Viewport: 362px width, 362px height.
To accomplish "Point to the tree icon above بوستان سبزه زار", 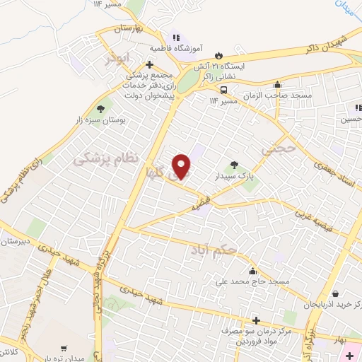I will [100, 110].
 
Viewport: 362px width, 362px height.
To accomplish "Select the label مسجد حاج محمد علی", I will [253, 281].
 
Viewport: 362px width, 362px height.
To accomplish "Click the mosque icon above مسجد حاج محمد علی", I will [252, 271].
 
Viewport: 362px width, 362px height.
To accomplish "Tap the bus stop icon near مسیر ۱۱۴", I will [223, 90].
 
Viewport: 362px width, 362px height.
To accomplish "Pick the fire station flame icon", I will [218, 54].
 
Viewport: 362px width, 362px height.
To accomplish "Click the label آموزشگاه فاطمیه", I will [176, 49].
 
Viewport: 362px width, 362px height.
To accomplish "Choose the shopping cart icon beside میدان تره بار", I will [65, 347].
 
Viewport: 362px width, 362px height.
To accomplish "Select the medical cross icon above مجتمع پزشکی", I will [149, 64].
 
